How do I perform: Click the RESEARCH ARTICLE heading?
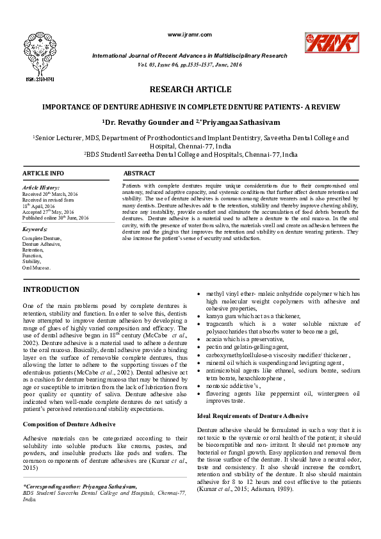(190, 90)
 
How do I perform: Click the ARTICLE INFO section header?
(44, 173)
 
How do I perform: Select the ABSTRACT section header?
(139, 173)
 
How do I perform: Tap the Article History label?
(40, 187)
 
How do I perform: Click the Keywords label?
(35, 229)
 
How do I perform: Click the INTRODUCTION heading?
(51, 290)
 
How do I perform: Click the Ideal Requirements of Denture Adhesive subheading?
(252, 398)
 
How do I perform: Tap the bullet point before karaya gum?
(199, 317)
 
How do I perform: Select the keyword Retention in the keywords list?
(34, 250)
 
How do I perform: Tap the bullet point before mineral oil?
(199, 362)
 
